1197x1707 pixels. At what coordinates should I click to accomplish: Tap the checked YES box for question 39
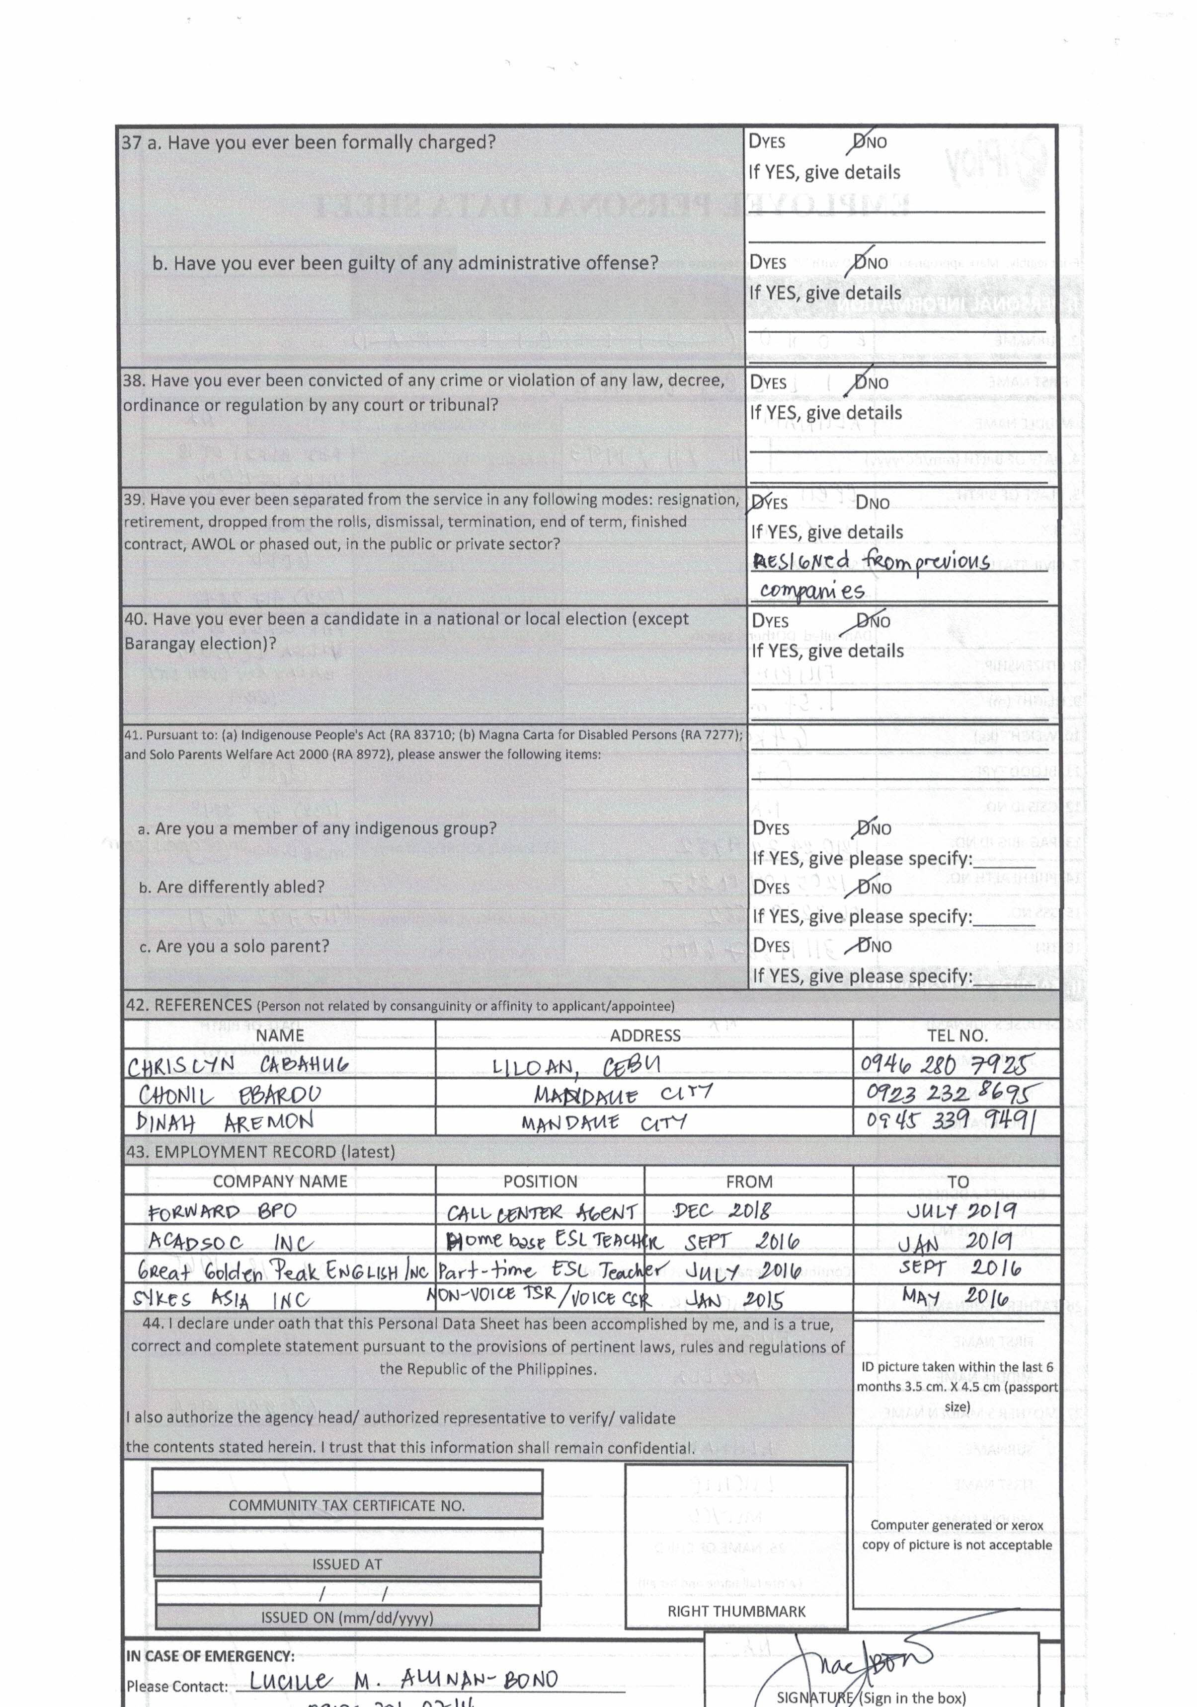point(757,503)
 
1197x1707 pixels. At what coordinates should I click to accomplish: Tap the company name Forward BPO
point(222,1212)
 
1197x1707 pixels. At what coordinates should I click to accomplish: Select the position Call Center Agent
point(541,1213)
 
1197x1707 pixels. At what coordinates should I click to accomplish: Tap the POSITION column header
point(540,1182)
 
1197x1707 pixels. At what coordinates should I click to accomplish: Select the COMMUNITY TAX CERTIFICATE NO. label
point(347,1505)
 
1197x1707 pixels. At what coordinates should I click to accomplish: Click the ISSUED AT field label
point(347,1564)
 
